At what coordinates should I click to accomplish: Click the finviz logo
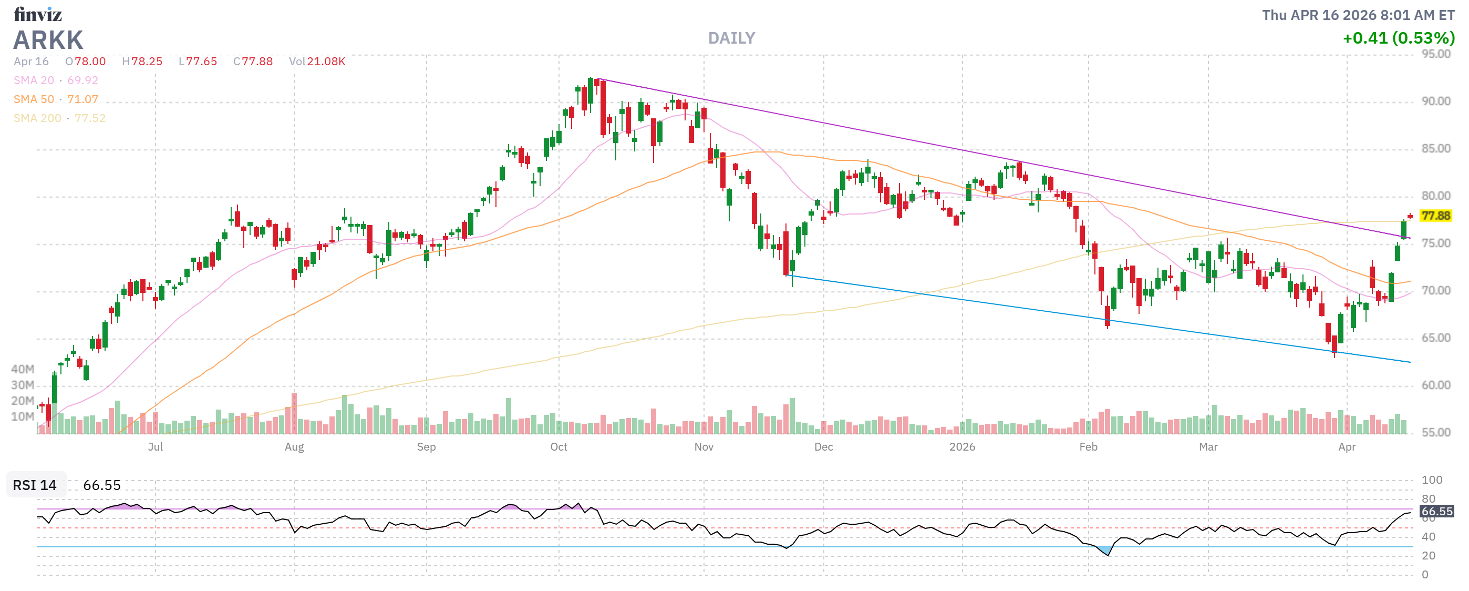38,14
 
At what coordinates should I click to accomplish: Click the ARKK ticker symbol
48,40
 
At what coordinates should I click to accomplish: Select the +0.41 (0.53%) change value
1398,38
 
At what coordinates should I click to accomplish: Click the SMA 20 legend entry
56,80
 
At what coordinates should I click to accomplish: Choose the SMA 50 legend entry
56,99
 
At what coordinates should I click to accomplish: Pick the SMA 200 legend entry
59,118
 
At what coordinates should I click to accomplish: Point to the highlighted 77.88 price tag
1435,216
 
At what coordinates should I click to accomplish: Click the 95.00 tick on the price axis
1435,54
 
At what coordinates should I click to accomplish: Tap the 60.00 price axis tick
1435,385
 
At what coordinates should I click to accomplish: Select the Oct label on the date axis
558,447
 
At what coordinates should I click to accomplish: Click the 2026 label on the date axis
962,447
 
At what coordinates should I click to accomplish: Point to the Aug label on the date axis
294,447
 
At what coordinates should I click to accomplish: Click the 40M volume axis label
23,369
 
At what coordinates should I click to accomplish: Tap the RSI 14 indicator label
35,485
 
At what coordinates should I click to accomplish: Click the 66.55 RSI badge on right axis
1436,511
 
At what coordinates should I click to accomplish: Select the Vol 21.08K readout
317,62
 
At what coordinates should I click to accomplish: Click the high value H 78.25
142,62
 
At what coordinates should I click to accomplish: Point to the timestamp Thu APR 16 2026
1358,15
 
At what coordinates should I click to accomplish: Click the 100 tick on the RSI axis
1432,480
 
